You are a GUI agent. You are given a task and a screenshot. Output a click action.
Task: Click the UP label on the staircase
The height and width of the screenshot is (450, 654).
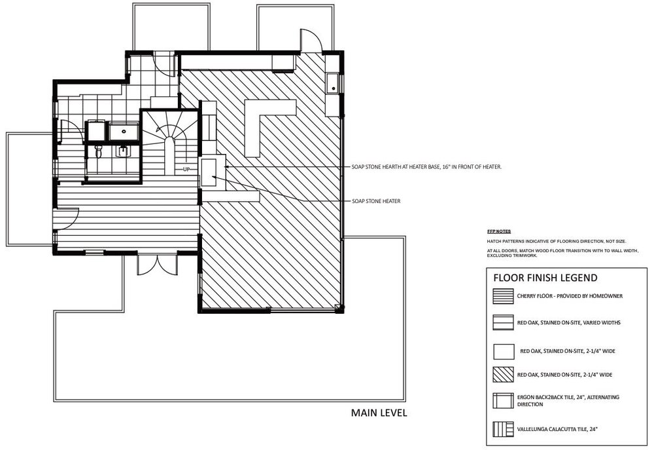186,169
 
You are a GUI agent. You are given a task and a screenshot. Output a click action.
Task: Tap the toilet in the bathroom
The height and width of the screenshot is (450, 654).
99,152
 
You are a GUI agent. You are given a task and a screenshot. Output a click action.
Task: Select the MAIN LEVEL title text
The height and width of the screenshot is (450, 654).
379,413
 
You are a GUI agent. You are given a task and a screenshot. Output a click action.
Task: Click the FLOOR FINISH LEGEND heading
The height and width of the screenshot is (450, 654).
545,278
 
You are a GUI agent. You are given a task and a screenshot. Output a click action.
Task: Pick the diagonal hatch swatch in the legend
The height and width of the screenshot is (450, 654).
503,375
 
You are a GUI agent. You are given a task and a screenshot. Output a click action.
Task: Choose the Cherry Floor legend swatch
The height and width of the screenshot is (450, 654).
503,296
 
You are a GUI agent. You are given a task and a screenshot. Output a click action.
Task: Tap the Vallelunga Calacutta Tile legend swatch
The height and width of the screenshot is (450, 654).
503,429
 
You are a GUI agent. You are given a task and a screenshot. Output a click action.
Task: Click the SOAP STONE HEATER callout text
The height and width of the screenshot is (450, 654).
376,201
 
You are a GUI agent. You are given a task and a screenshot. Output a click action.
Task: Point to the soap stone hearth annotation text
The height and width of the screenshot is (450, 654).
426,167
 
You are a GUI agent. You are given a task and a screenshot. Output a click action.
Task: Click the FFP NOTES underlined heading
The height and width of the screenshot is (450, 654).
498,231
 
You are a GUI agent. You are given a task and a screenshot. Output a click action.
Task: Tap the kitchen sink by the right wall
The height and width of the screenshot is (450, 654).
333,83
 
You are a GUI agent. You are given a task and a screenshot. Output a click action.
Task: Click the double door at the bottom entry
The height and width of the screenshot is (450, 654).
158,265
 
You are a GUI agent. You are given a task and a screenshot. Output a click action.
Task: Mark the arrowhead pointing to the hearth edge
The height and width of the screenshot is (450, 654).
227,167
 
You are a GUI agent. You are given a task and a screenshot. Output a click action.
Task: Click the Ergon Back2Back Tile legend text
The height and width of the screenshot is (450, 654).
568,401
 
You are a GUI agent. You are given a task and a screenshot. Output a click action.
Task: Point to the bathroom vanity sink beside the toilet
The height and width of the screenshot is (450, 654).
123,151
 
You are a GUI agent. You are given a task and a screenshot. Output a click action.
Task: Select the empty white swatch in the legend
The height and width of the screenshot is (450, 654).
504,351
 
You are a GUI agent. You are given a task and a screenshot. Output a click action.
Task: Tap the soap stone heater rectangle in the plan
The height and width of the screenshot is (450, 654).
208,172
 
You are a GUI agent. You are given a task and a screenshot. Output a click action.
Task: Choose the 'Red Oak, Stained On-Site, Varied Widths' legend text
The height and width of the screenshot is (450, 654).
569,322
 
